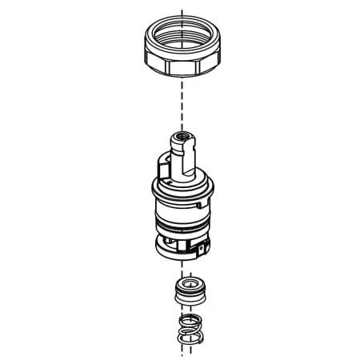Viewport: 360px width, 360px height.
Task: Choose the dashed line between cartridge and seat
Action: click(x=184, y=270)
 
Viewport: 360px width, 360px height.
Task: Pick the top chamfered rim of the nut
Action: click(x=181, y=22)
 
